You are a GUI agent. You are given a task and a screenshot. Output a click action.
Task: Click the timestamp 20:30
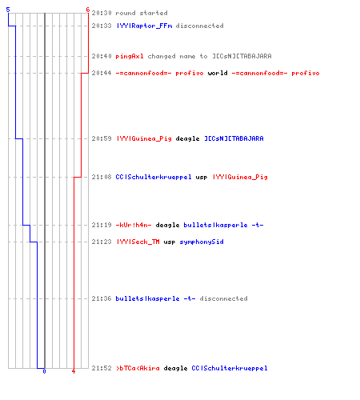point(102,13)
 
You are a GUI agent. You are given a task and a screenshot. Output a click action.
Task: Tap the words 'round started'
point(142,13)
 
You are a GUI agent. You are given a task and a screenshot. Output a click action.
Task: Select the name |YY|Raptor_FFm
point(144,26)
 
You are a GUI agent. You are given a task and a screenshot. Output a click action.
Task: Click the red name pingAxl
point(130,56)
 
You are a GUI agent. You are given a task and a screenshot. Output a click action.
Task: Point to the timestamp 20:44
point(102,73)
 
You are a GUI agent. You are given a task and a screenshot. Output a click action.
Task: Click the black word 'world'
point(218,73)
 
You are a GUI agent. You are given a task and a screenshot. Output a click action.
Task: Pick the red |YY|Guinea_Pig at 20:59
point(144,138)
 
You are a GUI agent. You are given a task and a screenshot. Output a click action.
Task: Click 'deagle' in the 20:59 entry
point(187,138)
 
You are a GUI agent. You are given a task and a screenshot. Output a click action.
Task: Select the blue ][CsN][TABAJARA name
point(234,138)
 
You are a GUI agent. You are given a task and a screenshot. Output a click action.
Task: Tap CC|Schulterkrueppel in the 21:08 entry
point(154,177)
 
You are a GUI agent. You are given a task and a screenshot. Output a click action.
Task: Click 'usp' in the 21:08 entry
point(202,178)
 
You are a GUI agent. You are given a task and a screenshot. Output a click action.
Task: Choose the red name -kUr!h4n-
point(134,225)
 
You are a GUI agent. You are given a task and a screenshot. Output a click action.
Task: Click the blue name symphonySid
point(202,242)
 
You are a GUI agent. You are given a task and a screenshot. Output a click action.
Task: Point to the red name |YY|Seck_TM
point(138,242)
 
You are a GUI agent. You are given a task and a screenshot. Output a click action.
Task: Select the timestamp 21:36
point(102,298)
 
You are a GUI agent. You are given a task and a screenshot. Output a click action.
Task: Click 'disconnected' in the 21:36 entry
point(223,298)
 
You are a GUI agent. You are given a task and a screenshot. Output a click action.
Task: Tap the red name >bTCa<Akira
point(138,368)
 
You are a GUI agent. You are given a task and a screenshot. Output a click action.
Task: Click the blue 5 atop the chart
point(8,10)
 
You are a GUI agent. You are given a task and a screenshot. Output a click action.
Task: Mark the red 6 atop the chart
point(88,10)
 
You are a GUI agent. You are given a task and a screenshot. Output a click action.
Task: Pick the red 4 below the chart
point(74,371)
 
